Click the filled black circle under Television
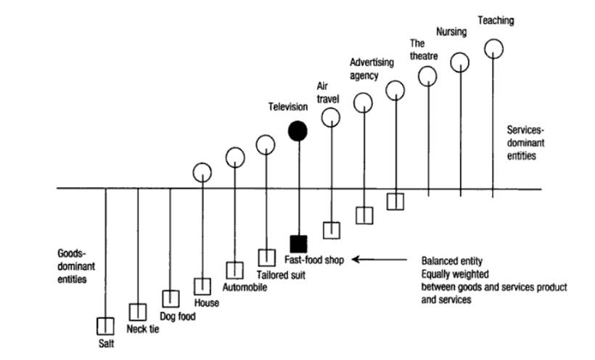(x=297, y=130)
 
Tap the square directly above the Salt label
(x=106, y=325)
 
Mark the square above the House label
(x=202, y=286)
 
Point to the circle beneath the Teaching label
(x=493, y=48)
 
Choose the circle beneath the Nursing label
(x=461, y=62)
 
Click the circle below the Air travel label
(x=331, y=116)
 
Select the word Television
(x=288, y=107)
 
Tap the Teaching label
(x=495, y=21)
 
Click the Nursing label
(x=451, y=32)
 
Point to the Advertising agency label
(x=372, y=69)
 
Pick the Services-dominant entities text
(x=523, y=142)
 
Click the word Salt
(x=106, y=344)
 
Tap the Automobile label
(x=245, y=287)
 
